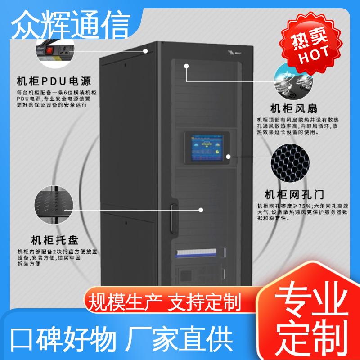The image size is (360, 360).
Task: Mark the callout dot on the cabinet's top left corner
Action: point(145,51)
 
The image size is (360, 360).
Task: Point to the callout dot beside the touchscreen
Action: point(228,157)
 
